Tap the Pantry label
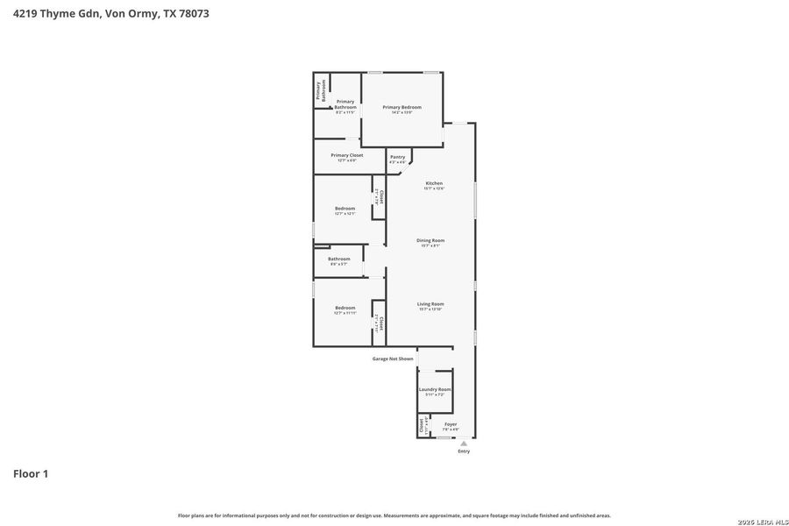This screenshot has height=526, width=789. pyautogui.click(x=397, y=157)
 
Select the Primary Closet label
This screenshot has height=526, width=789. pyautogui.click(x=346, y=155)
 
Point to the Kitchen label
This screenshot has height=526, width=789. pyautogui.click(x=434, y=183)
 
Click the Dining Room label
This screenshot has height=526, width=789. pyautogui.click(x=430, y=240)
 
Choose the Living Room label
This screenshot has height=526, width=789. pyautogui.click(x=430, y=304)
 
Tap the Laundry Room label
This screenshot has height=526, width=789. pyautogui.click(x=435, y=389)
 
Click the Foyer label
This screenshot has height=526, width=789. pyautogui.click(x=451, y=424)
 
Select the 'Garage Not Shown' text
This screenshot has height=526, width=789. pyautogui.click(x=393, y=359)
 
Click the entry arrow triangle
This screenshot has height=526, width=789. pyautogui.click(x=464, y=444)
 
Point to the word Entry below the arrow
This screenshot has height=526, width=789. pyautogui.click(x=464, y=451)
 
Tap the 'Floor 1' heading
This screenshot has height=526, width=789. pyautogui.click(x=31, y=474)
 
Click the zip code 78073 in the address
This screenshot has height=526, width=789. pyautogui.click(x=194, y=13)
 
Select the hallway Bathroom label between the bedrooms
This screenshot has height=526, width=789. pyautogui.click(x=339, y=259)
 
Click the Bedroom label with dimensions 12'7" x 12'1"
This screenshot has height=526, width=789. pyautogui.click(x=345, y=209)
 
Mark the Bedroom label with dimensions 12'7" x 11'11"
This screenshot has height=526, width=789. pyautogui.click(x=345, y=308)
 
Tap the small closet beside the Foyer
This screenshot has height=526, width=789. pyautogui.click(x=422, y=425)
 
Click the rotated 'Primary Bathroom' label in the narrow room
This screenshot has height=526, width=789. pyautogui.click(x=321, y=91)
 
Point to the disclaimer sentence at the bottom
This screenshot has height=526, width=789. pyautogui.click(x=394, y=515)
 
